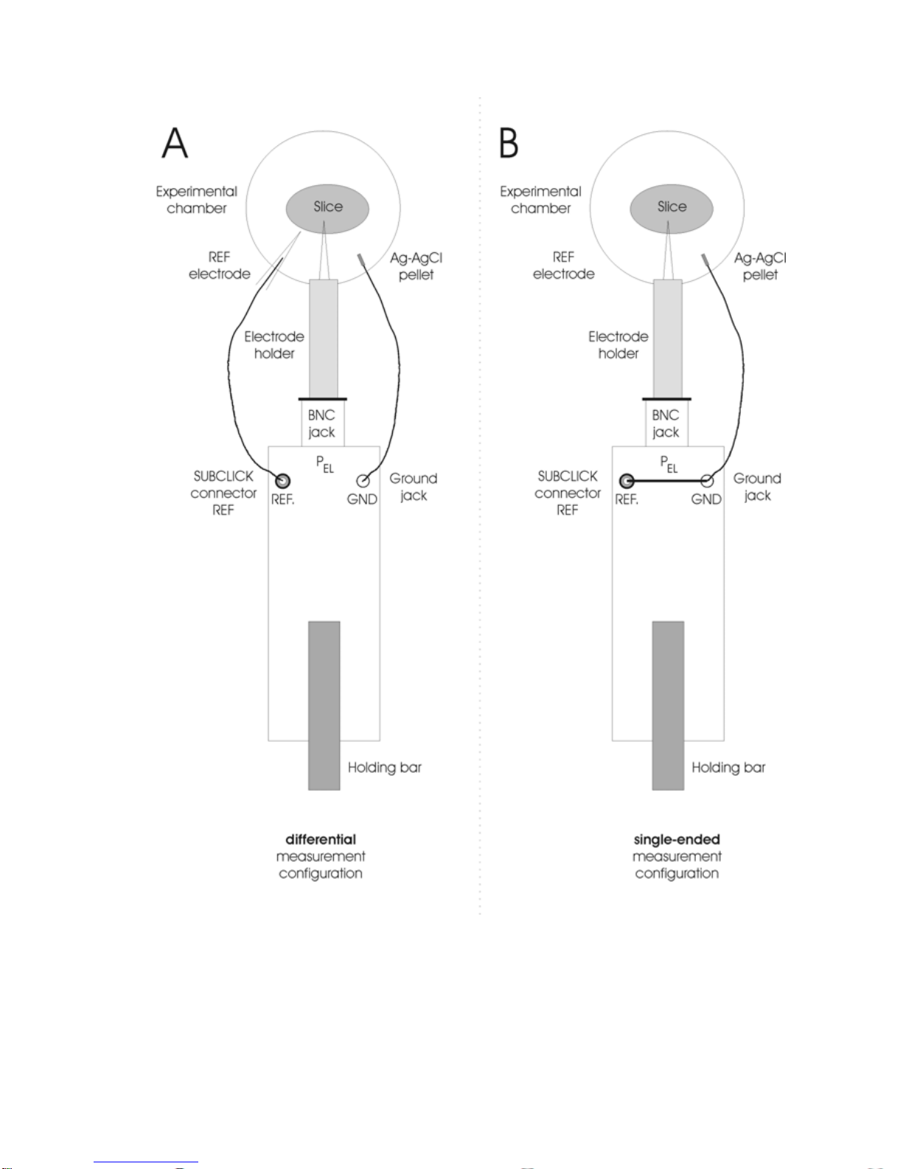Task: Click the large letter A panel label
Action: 175,143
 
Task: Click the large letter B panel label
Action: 509,143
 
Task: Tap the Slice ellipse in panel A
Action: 327,208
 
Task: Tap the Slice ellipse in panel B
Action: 672,208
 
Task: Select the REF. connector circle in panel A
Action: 282,482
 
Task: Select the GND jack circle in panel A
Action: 363,481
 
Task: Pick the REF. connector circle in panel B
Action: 627,482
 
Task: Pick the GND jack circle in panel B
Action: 706,482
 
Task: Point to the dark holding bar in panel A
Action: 324,705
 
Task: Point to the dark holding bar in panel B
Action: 668,705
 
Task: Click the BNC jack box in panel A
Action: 322,423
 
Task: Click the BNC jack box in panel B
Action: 666,423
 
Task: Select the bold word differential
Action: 321,839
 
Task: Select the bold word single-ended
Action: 677,839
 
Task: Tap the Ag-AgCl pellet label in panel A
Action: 416,266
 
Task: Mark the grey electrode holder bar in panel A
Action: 323,339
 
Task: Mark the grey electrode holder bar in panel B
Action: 667,339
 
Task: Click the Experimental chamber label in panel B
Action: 540,200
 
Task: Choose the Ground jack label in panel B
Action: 757,487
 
